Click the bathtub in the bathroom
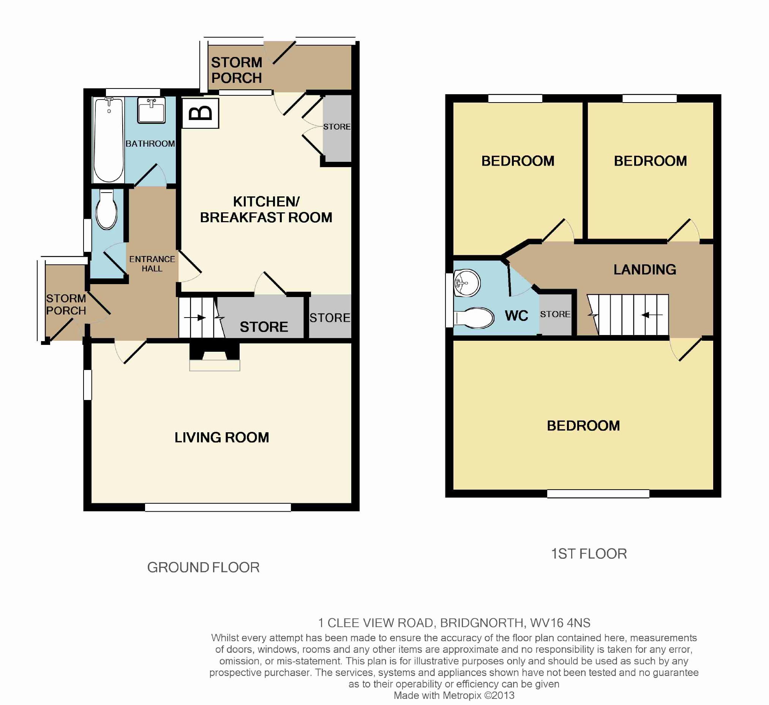point(109,140)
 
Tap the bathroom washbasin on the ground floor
point(152,110)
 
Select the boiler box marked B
point(201,113)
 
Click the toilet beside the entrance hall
point(106,210)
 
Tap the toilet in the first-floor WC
point(474,318)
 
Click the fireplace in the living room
point(215,357)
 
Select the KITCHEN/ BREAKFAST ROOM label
point(266,209)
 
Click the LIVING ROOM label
point(222,438)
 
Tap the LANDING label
point(645,270)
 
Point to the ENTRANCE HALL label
point(152,264)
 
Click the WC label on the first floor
point(516,316)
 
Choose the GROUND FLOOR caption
point(203,567)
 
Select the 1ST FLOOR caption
point(589,554)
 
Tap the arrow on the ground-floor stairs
point(195,318)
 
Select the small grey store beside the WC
point(555,315)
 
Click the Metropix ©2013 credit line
point(454,696)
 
